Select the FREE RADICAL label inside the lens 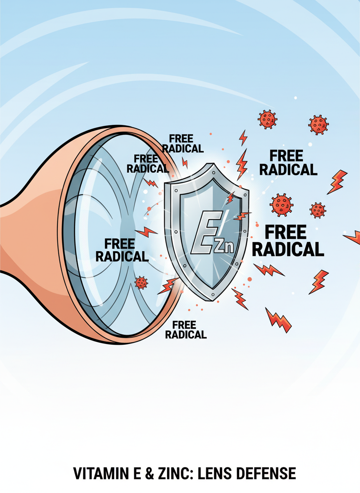click(122, 250)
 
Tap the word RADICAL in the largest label click(288, 249)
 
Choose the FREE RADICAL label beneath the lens click(186, 329)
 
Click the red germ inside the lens click(141, 283)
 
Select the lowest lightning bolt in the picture click(278, 320)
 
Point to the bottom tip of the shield click(214, 299)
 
